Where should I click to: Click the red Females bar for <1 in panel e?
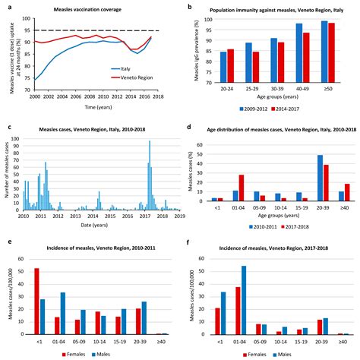click(36, 301)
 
